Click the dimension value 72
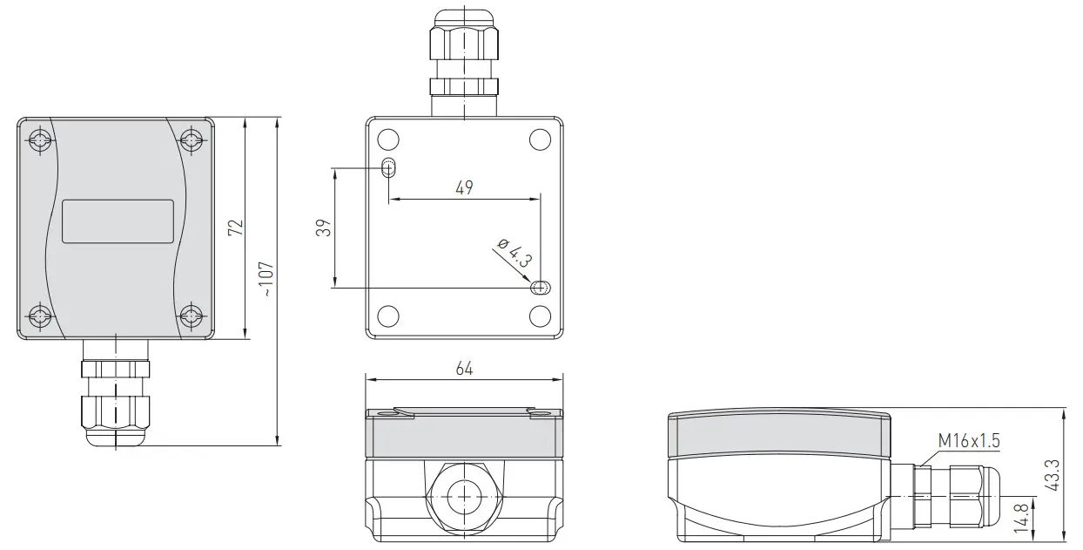pos(235,227)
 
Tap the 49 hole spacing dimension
pos(464,187)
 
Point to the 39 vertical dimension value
pos(323,227)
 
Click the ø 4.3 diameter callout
pos(514,252)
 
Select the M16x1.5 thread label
pos(968,441)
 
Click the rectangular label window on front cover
pos(118,221)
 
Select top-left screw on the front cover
pos(39,140)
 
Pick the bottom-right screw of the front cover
pos(192,316)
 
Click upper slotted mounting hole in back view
pos(389,168)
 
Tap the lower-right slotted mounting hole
pos(540,288)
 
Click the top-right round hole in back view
pos(540,139)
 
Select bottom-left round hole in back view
pos(389,316)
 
